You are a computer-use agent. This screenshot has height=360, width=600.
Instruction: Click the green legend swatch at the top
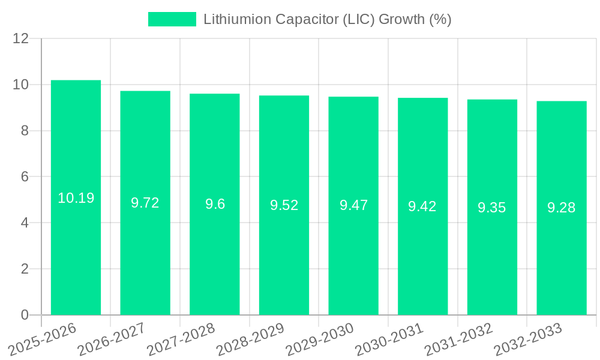[x=172, y=19]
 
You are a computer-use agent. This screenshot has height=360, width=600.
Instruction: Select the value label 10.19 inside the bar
[x=76, y=198]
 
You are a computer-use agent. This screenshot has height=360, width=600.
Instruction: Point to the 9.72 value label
[x=145, y=203]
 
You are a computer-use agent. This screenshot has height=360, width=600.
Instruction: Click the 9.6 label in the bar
[x=215, y=204]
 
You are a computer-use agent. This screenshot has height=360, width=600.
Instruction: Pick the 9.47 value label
[x=353, y=205]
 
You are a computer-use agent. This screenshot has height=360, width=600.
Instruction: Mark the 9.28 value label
[x=561, y=208]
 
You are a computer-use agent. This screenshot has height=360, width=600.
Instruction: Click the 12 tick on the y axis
[x=21, y=38]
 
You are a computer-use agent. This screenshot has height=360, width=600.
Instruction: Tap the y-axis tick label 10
[x=21, y=85]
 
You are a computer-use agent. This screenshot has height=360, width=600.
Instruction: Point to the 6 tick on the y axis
[x=25, y=177]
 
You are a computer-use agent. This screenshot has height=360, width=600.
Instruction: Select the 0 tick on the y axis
[x=25, y=315]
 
